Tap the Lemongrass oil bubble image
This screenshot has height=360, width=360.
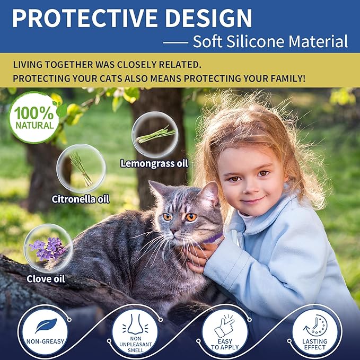(x=154, y=134)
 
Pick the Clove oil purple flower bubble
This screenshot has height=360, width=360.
(x=48, y=248)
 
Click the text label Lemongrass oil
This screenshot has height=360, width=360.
(x=154, y=163)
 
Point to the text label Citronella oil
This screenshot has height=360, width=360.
(x=81, y=199)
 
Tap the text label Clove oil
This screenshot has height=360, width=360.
(x=46, y=278)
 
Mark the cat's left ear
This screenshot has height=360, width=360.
(x=157, y=190)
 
